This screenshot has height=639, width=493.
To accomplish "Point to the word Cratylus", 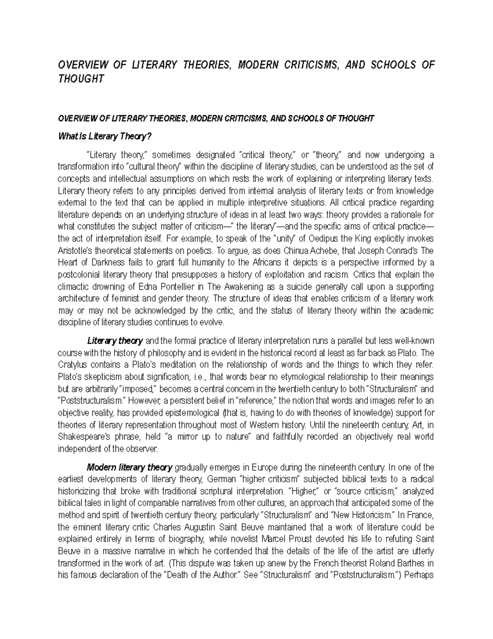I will (x=73, y=365).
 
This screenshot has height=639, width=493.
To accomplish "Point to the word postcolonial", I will (x=78, y=274).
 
